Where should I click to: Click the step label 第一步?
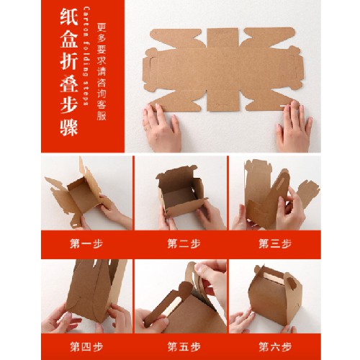(x=86, y=243)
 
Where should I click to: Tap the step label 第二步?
(x=184, y=243)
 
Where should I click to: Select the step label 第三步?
(x=275, y=243)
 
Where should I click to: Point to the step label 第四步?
(x=86, y=347)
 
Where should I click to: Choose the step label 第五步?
(x=184, y=347)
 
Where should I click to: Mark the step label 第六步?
(x=275, y=347)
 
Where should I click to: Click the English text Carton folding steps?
(x=86, y=56)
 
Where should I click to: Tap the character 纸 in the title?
(x=69, y=17)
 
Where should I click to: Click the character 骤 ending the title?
(x=69, y=127)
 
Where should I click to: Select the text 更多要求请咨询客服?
(x=102, y=71)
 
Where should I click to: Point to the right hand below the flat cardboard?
(x=294, y=127)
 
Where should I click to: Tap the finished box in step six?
(x=274, y=297)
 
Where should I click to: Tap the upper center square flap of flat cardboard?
(x=222, y=38)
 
